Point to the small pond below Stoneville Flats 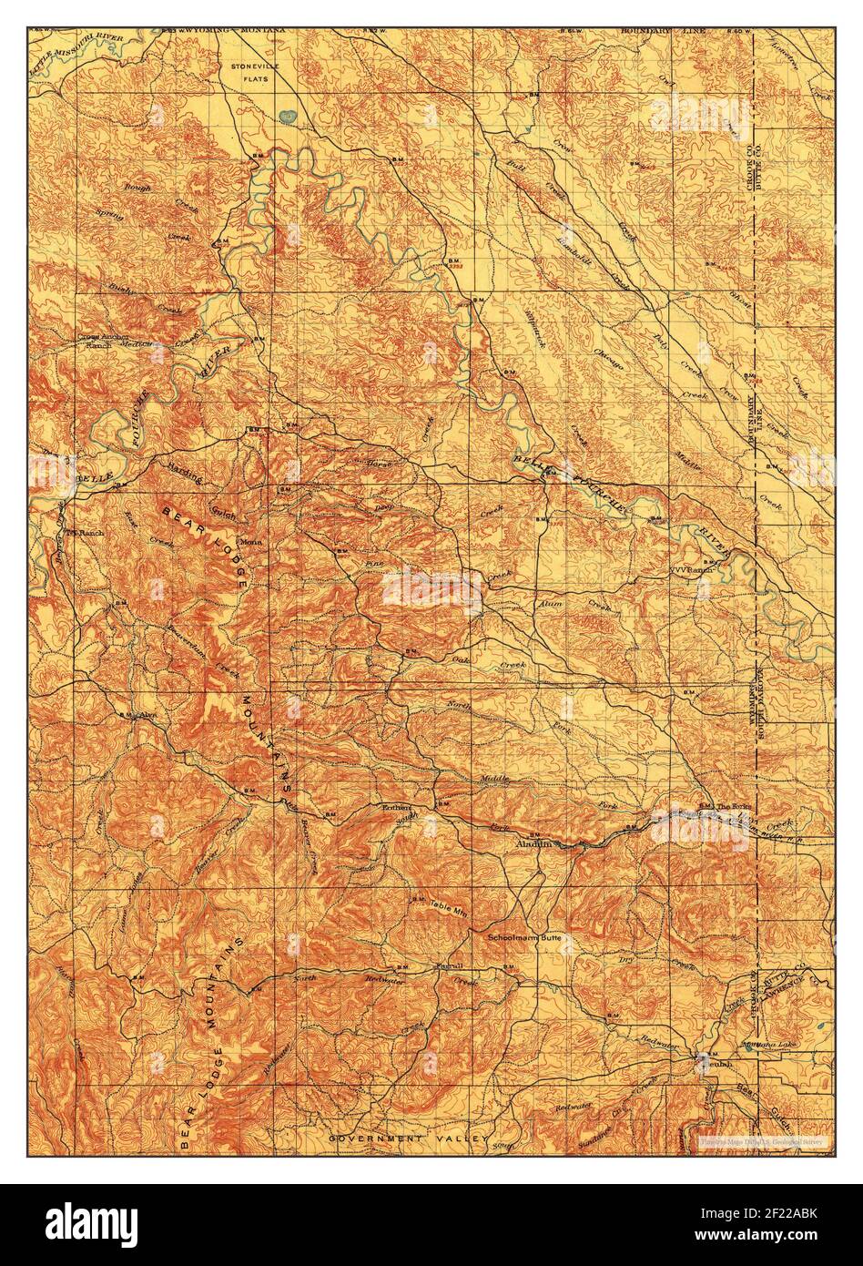289,117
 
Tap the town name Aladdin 533,844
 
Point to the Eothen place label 397,808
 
